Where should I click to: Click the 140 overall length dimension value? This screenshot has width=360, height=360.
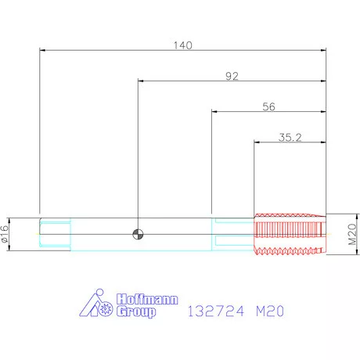click(183, 45)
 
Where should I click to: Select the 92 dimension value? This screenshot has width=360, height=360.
click(232, 76)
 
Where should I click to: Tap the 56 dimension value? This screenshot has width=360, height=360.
click(268, 106)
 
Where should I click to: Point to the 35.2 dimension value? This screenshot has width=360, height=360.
click(290, 137)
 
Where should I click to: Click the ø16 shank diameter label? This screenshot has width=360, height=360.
click(5, 234)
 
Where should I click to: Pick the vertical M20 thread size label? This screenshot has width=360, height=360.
click(352, 234)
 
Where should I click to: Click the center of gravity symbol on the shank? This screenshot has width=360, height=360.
click(138, 234)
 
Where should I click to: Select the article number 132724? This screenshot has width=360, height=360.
click(216, 311)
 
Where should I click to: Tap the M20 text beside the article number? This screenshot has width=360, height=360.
click(270, 311)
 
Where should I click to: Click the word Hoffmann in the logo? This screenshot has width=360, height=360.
click(147, 299)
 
